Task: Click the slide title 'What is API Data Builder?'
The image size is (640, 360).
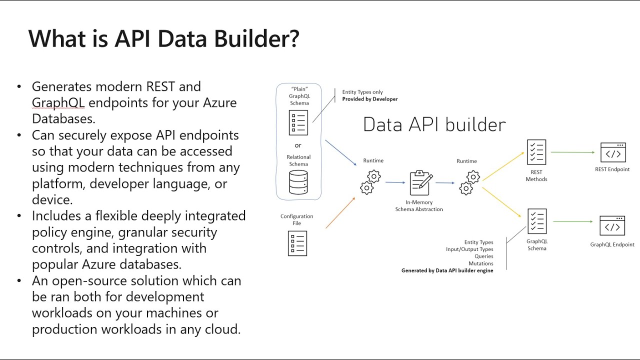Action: (x=163, y=38)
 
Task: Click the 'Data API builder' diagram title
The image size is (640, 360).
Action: (x=434, y=124)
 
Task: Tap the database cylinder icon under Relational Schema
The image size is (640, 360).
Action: (x=298, y=182)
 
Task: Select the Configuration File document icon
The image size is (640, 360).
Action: (x=297, y=243)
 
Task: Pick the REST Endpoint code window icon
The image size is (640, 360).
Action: (x=612, y=152)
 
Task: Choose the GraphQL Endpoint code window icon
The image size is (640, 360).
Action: (x=612, y=226)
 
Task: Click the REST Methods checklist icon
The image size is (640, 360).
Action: (x=536, y=152)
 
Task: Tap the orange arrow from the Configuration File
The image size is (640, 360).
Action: (x=340, y=213)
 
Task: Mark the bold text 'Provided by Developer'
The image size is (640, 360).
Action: (x=370, y=99)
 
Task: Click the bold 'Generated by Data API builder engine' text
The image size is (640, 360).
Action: (x=447, y=270)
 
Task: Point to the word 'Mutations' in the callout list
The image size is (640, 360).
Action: (x=480, y=263)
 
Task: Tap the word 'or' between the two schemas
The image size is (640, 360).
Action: (x=298, y=145)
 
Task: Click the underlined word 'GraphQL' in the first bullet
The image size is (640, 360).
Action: (x=58, y=102)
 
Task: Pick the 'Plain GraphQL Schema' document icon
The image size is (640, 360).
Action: (x=298, y=123)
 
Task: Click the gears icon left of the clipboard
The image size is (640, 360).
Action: (x=370, y=182)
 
